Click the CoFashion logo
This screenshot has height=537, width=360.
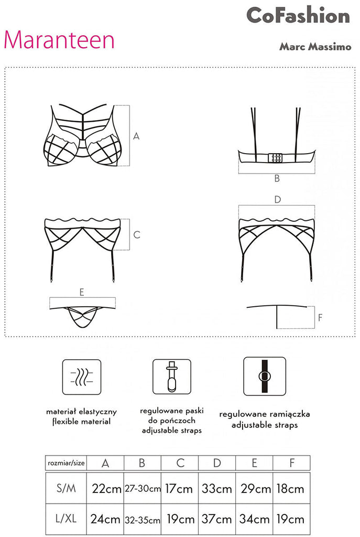[298, 15]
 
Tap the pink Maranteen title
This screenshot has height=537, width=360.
[59, 40]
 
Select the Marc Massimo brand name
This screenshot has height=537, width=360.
[315, 47]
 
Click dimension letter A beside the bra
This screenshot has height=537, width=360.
[136, 136]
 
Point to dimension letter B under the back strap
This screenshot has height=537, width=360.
[277, 178]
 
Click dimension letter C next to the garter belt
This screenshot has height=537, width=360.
[137, 234]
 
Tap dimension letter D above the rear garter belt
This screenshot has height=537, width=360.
[278, 199]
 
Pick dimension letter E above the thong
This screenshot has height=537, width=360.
[82, 292]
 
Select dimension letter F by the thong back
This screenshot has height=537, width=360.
[320, 317]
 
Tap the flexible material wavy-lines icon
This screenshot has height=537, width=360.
[81, 377]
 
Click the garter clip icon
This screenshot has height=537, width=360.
[172, 377]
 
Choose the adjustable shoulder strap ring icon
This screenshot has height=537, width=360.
[265, 376]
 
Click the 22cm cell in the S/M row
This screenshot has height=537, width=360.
[106, 488]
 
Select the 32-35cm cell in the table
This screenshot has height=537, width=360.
[143, 520]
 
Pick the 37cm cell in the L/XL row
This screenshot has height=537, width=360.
[216, 519]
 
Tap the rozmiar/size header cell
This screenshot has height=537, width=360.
[66, 463]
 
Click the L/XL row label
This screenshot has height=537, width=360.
[66, 519]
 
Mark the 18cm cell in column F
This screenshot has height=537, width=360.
[290, 488]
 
